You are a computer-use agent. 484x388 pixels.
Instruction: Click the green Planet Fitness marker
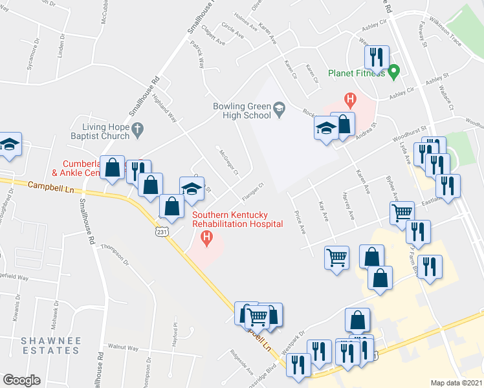click(x=393, y=72)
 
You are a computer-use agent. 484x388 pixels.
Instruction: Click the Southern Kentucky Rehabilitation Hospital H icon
click(x=206, y=239)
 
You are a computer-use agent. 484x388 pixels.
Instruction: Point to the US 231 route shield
click(x=160, y=231)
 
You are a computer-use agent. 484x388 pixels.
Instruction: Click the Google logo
click(x=21, y=380)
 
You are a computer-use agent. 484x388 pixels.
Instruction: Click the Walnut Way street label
click(x=123, y=348)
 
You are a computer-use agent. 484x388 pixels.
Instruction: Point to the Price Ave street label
click(x=299, y=222)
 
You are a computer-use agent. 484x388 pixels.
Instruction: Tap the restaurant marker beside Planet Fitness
click(x=376, y=57)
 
